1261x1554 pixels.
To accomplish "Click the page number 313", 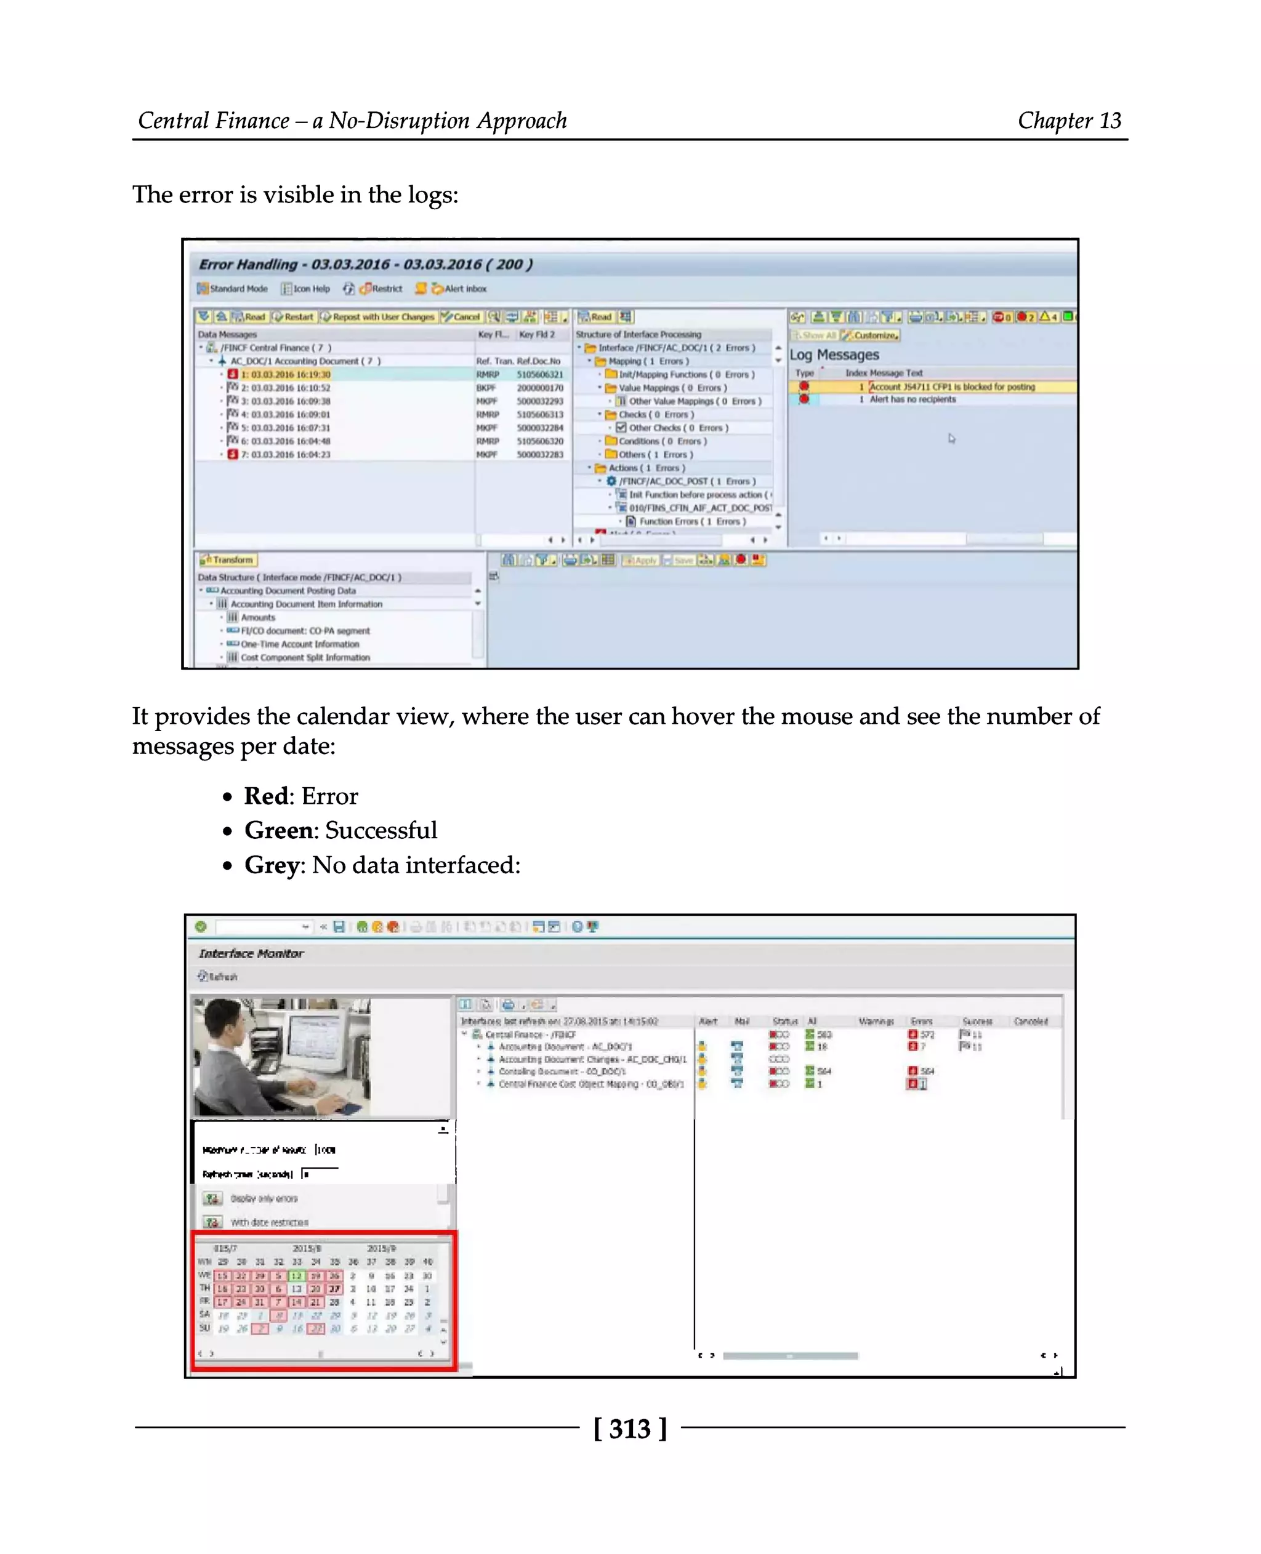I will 630,1428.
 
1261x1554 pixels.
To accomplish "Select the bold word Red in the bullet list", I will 266,796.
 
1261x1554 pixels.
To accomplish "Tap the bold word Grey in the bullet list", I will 272,865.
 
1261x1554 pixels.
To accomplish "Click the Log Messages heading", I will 834,355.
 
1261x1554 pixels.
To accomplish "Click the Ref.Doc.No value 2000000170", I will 540,388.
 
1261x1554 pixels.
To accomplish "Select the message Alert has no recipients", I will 913,399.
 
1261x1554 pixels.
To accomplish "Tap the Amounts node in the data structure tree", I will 258,617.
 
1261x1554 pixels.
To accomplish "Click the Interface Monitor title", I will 251,953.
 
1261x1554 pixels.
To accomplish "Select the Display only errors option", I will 264,1198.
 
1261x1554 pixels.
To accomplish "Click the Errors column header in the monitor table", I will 921,1022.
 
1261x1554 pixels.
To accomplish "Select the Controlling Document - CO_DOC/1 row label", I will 562,1071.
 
